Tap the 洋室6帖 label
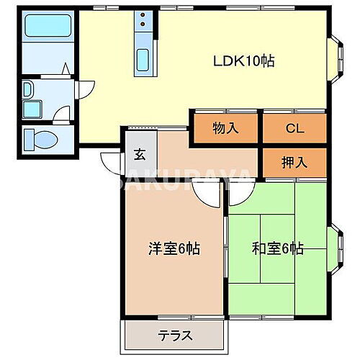(174, 249)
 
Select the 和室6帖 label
(277, 249)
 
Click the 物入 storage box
(225, 130)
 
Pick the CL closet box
(293, 130)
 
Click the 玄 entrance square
(139, 153)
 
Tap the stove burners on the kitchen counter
(142, 22)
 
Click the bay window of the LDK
(336, 55)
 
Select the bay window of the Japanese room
(336, 247)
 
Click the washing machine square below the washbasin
(32, 109)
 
